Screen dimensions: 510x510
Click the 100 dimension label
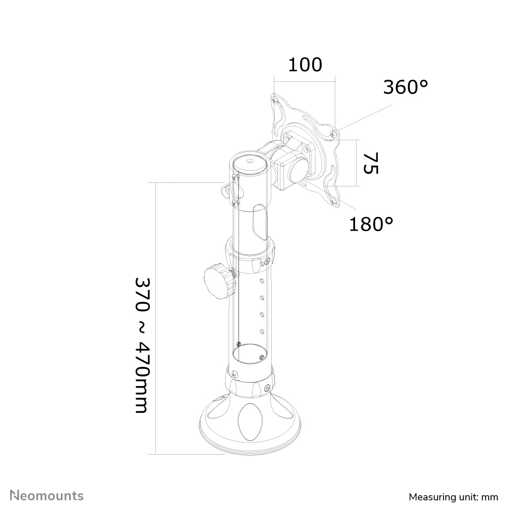coord(305,65)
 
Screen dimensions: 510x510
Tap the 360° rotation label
coord(405,87)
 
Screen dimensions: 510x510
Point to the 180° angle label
coord(371,224)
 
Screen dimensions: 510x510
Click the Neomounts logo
coord(48,495)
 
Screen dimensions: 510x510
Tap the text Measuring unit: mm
coord(454,496)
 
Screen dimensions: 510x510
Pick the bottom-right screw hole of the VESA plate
coord(334,202)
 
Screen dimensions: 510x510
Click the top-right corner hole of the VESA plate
coord(333,134)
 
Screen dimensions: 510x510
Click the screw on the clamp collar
coord(267,263)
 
